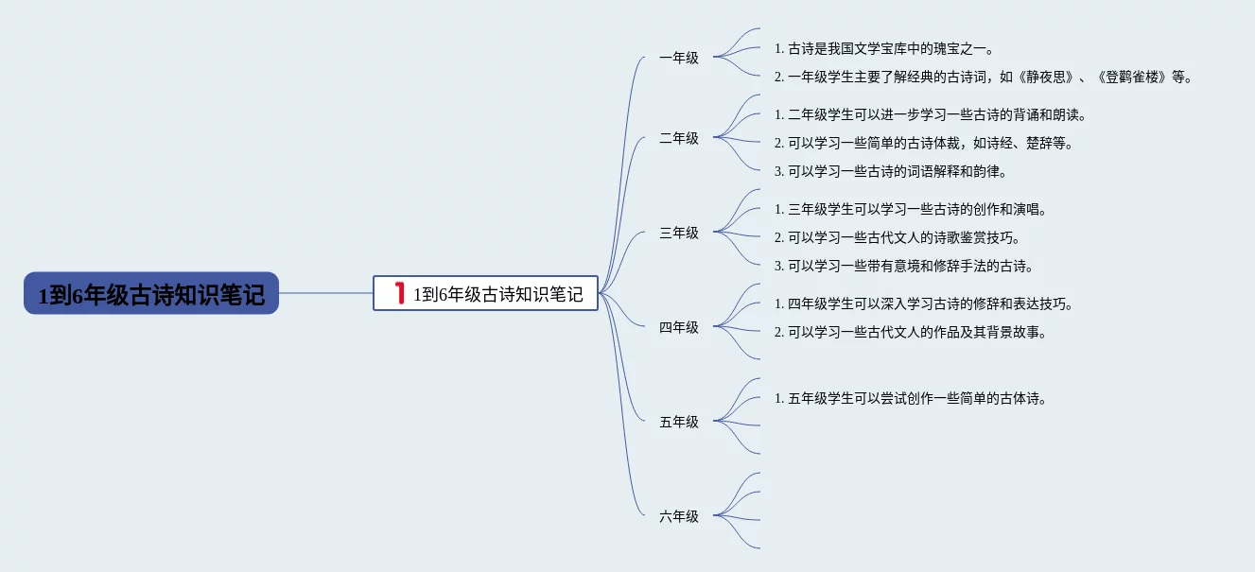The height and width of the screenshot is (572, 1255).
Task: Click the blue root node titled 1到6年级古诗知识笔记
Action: click(x=151, y=294)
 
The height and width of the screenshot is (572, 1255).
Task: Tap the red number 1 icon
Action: click(x=399, y=293)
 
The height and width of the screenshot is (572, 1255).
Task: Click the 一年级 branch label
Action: click(x=679, y=58)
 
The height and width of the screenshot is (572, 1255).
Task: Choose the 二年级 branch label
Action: click(x=679, y=138)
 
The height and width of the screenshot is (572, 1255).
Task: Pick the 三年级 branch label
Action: click(x=679, y=233)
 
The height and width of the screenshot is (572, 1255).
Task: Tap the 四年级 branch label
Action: click(x=679, y=327)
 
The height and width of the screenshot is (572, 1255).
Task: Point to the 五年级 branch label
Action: click(x=679, y=422)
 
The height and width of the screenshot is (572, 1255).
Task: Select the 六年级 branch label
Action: click(x=679, y=516)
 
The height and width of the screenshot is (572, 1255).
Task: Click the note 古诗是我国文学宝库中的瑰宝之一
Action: click(x=884, y=49)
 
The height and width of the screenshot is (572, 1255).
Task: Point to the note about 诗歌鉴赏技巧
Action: click(x=898, y=238)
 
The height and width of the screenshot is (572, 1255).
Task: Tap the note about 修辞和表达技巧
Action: click(x=924, y=304)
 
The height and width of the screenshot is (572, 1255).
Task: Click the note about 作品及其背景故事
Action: click(x=911, y=333)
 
